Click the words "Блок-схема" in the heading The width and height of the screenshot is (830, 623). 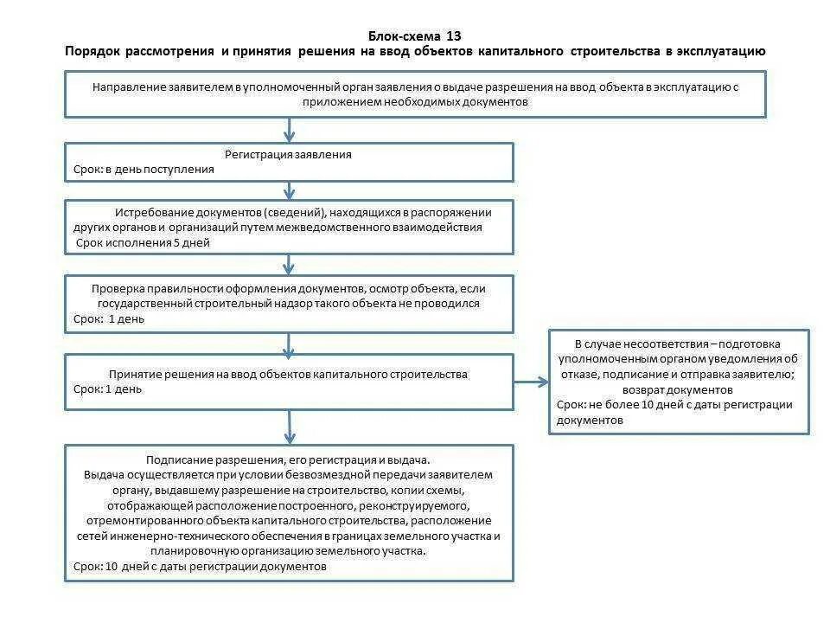point(404,36)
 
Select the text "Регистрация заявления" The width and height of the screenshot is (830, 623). point(289,155)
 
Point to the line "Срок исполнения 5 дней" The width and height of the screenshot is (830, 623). point(144,243)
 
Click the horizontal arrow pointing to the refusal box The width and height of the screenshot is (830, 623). point(532,382)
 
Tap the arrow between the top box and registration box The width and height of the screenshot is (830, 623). point(290,130)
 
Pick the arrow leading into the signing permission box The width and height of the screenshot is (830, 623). point(290,427)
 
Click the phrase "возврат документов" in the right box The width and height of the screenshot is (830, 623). point(679,389)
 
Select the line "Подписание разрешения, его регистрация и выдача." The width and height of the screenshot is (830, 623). point(288,460)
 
